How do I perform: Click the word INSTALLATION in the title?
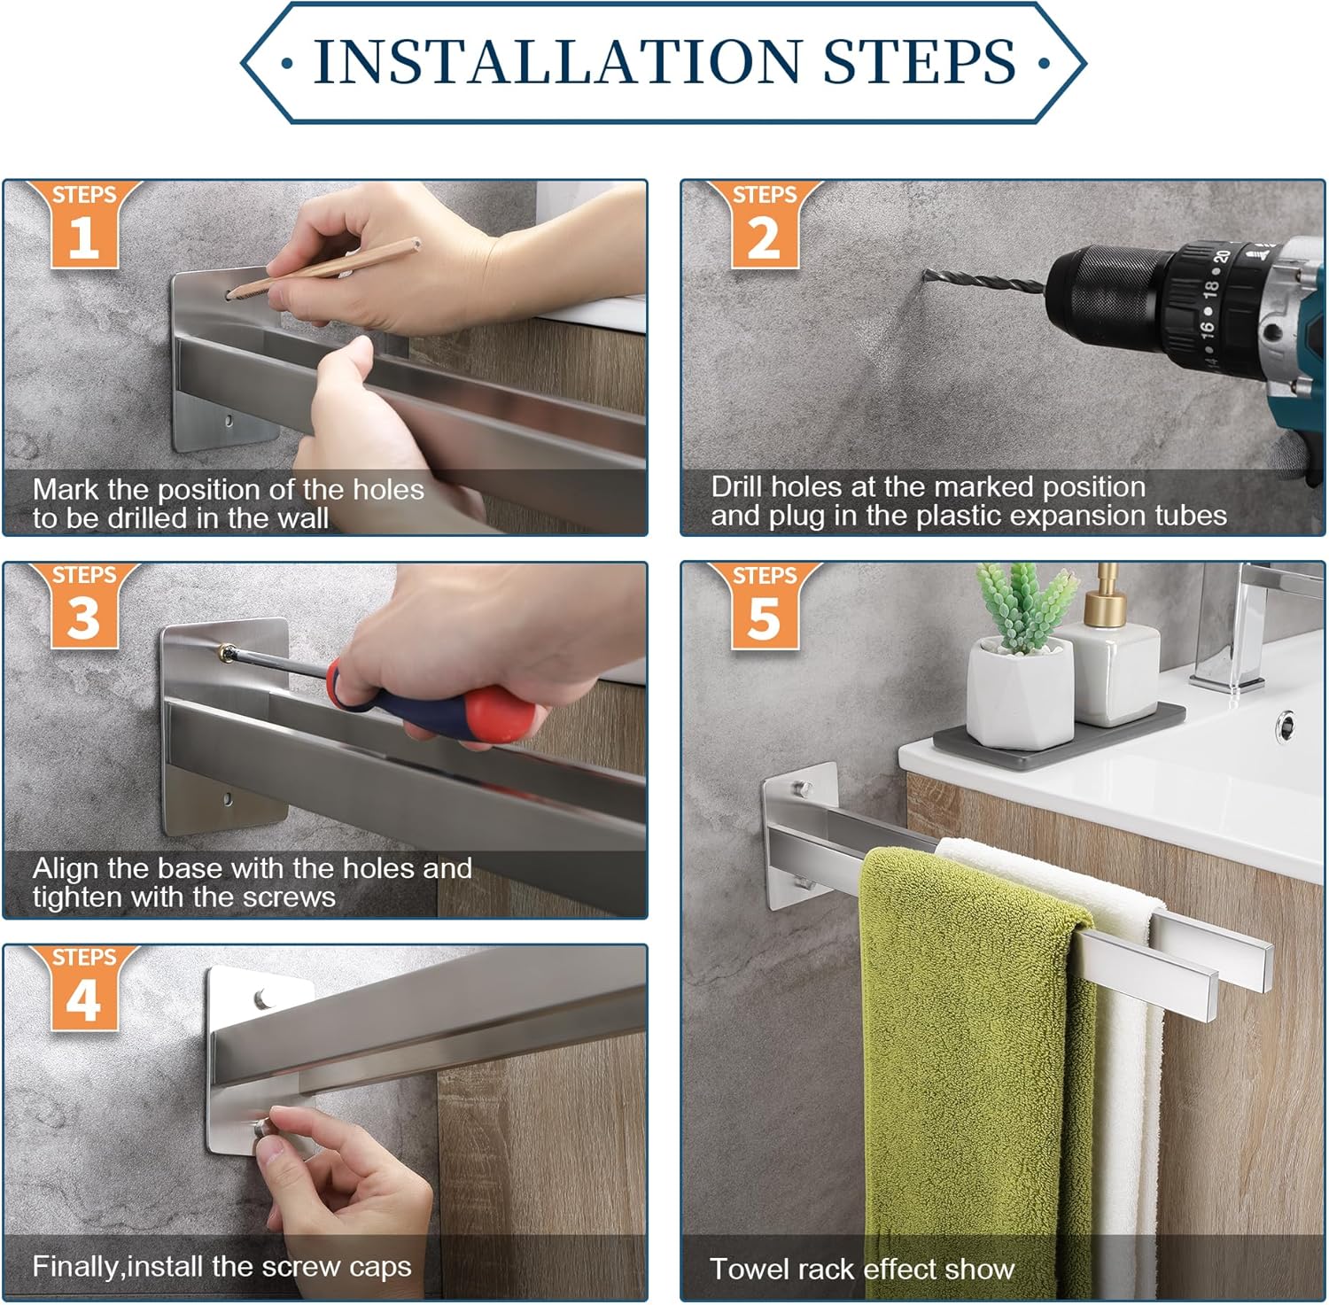556,61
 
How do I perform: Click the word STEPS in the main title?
919,61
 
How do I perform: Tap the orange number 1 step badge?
84,225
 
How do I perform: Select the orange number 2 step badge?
765,225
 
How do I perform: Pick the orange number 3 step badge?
84,606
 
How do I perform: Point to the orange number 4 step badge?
84,988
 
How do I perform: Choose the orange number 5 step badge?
765,606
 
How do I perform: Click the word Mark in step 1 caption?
65,489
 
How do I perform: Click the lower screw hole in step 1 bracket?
229,419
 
